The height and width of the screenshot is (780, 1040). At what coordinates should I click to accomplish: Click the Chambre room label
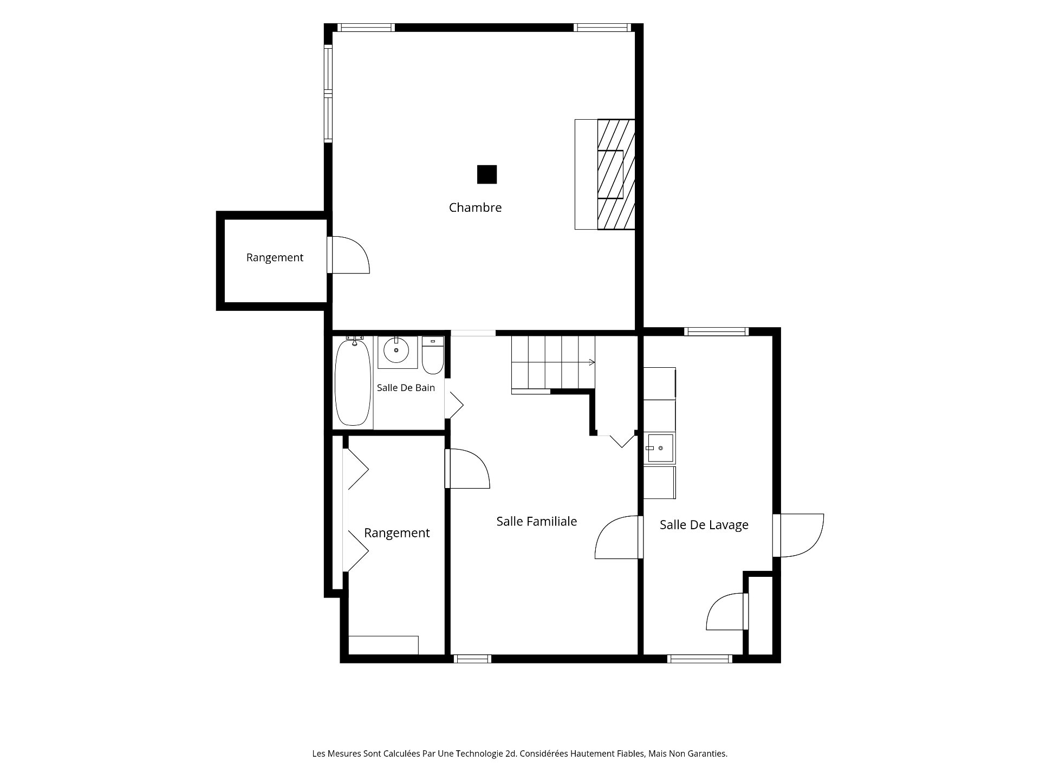click(475, 207)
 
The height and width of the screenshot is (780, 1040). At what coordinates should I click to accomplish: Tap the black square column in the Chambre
click(487, 174)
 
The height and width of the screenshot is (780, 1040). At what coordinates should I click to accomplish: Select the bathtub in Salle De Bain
click(353, 381)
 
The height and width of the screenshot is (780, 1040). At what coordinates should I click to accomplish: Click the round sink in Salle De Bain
click(396, 350)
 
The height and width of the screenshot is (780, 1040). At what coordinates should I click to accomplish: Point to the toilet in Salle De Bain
click(433, 355)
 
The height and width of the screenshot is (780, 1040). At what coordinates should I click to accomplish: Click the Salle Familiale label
click(537, 521)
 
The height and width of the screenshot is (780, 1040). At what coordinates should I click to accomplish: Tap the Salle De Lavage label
click(704, 524)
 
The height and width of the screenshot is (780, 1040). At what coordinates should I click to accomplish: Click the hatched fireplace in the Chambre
click(616, 174)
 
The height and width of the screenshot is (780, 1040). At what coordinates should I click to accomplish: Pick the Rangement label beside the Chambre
click(275, 257)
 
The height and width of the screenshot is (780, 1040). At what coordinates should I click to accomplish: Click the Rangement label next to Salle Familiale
click(397, 533)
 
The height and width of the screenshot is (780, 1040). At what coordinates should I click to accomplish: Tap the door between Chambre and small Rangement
click(349, 255)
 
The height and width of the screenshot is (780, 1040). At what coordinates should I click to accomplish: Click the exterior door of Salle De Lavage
click(798, 535)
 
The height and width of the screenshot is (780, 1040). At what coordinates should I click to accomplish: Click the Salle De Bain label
click(406, 388)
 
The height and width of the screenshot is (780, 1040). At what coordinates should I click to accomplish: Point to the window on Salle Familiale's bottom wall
click(472, 659)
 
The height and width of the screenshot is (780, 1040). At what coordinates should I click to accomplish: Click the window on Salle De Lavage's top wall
click(716, 331)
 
